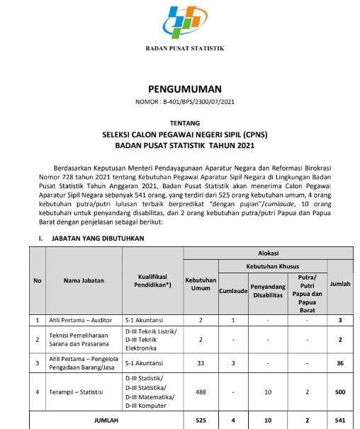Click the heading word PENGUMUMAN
coord(184,90)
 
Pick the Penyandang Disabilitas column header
coord(267,290)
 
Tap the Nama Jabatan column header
coord(84,280)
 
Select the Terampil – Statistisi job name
coord(77,391)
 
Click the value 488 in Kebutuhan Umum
coord(201,391)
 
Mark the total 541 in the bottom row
coord(340,421)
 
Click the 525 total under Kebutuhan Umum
coord(201,421)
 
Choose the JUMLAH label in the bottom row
coord(107,421)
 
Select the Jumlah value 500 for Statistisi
coord(340,391)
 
